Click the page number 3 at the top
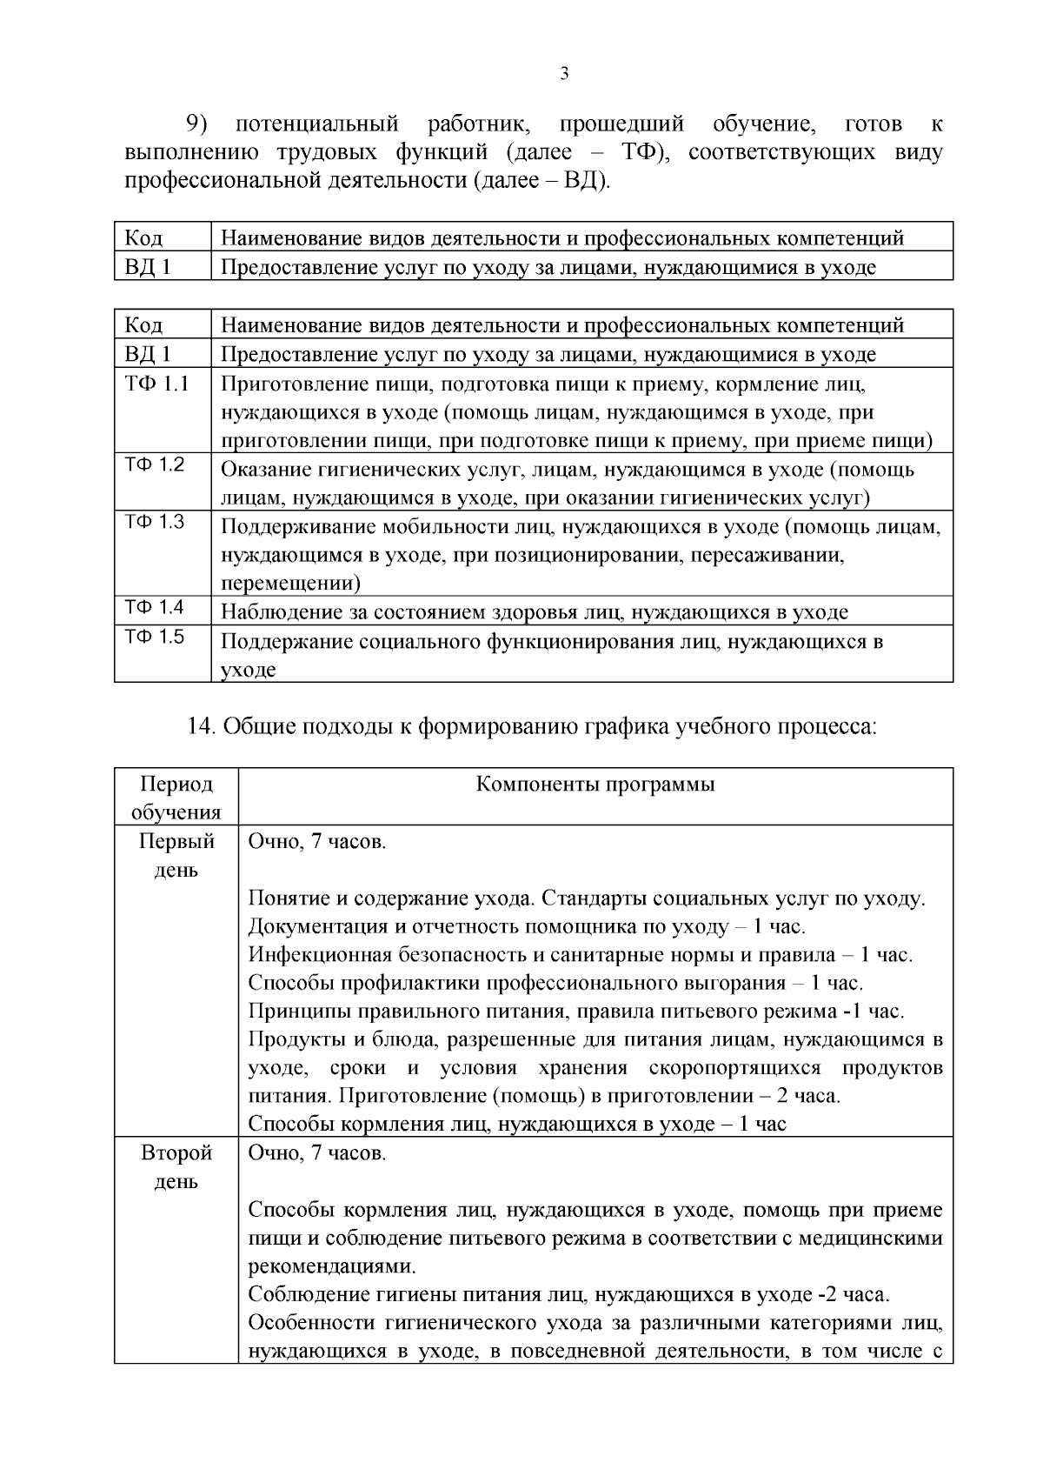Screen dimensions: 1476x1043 point(564,75)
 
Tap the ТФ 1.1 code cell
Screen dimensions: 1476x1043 point(156,384)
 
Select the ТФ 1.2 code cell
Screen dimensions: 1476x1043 point(155,464)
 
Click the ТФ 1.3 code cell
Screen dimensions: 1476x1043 point(155,522)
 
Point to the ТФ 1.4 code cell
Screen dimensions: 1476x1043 point(155,607)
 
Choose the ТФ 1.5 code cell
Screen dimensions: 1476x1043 point(155,637)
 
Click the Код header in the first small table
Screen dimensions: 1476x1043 point(143,237)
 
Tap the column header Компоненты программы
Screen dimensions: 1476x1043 point(595,785)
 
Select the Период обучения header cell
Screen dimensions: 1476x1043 point(176,798)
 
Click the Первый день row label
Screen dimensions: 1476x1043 point(176,856)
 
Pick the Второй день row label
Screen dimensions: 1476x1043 point(176,1167)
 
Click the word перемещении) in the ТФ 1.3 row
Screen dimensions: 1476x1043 point(290,584)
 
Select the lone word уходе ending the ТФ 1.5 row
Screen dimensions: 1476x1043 point(248,671)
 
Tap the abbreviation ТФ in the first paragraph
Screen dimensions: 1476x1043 point(641,153)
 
